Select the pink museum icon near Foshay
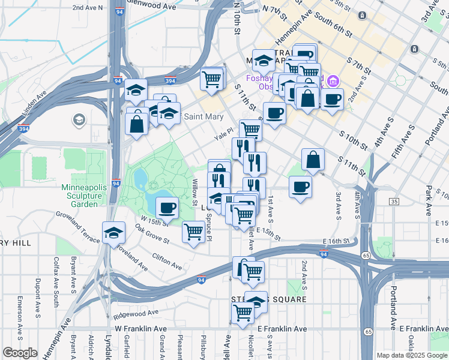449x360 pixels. [x=334, y=80]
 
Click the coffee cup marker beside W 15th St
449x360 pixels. [x=167, y=208]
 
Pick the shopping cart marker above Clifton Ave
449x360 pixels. [x=193, y=232]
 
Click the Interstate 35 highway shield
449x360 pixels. [x=393, y=202]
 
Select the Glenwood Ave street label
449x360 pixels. [x=157, y=7]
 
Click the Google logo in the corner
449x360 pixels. [x=20, y=353]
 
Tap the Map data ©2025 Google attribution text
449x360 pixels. [x=411, y=355]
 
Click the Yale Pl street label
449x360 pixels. [x=224, y=136]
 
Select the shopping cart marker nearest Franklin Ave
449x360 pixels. [x=243, y=312]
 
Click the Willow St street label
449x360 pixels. [x=195, y=191]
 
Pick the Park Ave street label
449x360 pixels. [x=428, y=201]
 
